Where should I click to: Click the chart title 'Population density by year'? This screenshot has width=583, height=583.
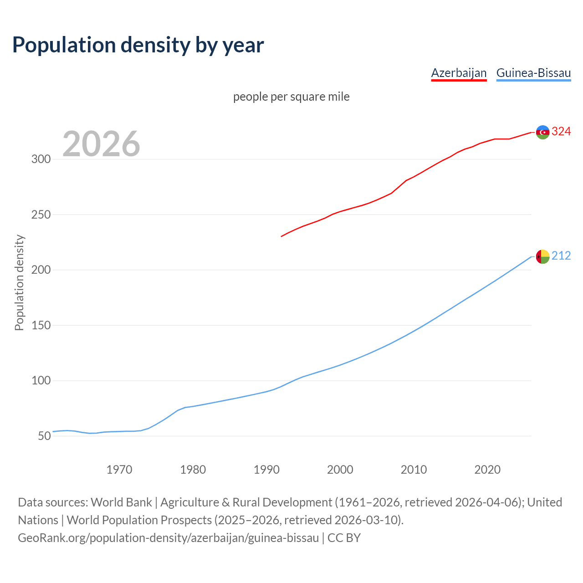(x=138, y=45)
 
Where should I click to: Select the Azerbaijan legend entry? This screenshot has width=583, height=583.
(x=459, y=73)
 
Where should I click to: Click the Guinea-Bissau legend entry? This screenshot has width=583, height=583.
(x=533, y=73)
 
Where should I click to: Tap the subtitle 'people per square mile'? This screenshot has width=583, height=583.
(x=291, y=97)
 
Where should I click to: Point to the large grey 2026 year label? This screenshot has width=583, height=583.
(x=101, y=144)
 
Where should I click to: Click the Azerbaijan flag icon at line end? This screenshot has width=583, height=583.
(x=542, y=132)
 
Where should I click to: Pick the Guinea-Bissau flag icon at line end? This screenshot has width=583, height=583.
(x=542, y=257)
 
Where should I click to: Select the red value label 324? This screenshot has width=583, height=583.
(x=561, y=132)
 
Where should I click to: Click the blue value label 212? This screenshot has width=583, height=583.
(x=561, y=256)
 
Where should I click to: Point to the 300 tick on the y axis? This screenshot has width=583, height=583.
(x=41, y=159)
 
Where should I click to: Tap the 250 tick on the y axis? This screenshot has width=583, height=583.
(x=41, y=215)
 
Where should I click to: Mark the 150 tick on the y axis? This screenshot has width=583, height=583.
(x=41, y=325)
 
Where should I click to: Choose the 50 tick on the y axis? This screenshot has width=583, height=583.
(x=44, y=436)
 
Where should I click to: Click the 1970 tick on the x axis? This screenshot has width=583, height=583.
(x=119, y=470)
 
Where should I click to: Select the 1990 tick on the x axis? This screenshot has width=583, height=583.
(x=266, y=470)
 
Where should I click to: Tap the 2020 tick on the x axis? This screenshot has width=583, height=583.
(x=487, y=470)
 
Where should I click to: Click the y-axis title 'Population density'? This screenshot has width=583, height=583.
(x=19, y=282)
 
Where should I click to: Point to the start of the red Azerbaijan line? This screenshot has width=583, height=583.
(x=281, y=236)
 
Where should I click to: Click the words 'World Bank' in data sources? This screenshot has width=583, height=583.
(x=121, y=502)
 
